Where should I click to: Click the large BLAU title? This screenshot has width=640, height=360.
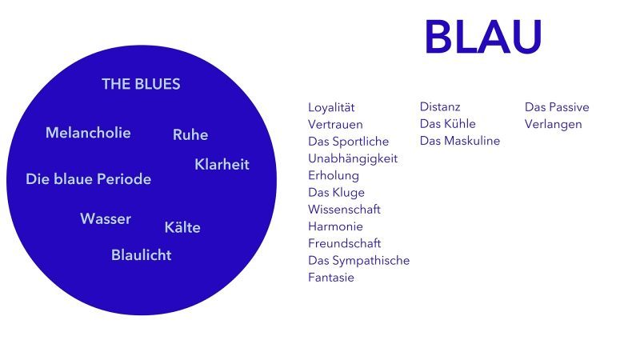click(x=483, y=37)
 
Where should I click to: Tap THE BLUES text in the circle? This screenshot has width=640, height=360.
click(x=141, y=84)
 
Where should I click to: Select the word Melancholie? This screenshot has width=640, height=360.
click(x=88, y=133)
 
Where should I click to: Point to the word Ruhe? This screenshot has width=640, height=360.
click(x=190, y=134)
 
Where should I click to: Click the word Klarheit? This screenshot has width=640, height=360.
click(x=222, y=165)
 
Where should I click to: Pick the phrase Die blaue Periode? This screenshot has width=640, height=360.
click(x=88, y=178)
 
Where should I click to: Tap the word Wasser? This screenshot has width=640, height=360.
click(x=106, y=218)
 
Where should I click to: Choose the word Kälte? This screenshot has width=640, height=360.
click(x=182, y=227)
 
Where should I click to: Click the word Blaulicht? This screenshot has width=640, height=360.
click(x=142, y=255)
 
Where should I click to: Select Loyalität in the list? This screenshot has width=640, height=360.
click(x=331, y=107)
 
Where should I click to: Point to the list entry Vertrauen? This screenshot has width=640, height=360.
click(x=335, y=125)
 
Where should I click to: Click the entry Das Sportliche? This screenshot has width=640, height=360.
click(x=348, y=142)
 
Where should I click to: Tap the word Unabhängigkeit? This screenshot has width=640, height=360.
click(x=353, y=158)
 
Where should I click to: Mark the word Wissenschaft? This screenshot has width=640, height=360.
click(x=344, y=210)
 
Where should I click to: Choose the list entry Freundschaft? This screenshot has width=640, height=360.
click(x=345, y=243)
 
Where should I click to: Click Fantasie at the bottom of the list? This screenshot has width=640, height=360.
click(x=331, y=278)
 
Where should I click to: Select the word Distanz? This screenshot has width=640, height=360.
click(x=440, y=107)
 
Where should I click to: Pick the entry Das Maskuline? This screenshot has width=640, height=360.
click(x=459, y=141)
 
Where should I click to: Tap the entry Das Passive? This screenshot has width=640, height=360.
click(x=557, y=107)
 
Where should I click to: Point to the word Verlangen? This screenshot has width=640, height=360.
click(x=553, y=125)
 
